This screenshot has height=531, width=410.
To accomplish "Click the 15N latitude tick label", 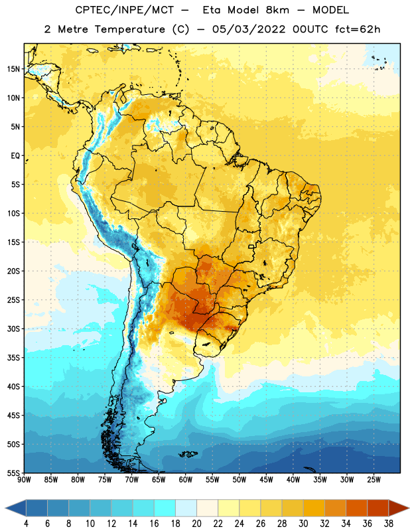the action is pyautogui.click(x=13, y=69).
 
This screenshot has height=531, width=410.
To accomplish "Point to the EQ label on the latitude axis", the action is pyautogui.click(x=15, y=156).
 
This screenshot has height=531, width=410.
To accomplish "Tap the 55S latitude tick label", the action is pyautogui.click(x=13, y=473).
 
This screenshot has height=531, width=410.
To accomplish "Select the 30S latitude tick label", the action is pyautogui.click(x=13, y=329).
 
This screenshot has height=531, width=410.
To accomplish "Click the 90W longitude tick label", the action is pyautogui.click(x=25, y=480).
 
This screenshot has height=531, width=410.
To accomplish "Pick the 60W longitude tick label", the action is pyautogui.click(x=186, y=480).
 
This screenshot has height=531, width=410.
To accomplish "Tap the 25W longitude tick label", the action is pyautogui.click(x=374, y=480).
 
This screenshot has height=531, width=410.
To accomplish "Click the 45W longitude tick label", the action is pyautogui.click(x=266, y=480).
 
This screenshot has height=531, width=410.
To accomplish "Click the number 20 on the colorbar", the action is pyautogui.click(x=196, y=524).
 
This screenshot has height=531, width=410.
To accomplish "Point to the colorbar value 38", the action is pyautogui.click(x=389, y=524).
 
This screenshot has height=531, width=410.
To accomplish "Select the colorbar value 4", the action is pyautogui.click(x=26, y=524).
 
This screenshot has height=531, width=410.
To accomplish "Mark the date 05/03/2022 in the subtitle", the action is pyautogui.click(x=249, y=29).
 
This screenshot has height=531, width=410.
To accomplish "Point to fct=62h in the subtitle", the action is pyautogui.click(x=358, y=29).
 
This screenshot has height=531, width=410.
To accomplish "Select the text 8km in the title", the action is pyautogui.click(x=277, y=10).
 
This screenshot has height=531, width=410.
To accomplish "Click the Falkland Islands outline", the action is pyautogui.click(x=188, y=454).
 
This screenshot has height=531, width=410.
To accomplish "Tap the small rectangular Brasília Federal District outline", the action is pyautogui.click(x=251, y=246).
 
